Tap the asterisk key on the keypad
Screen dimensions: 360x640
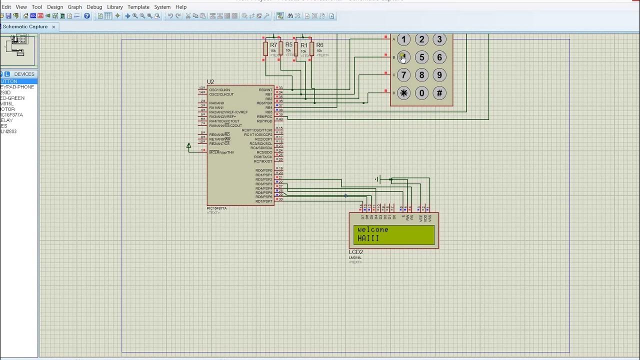(403, 93)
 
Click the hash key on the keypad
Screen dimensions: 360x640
(439, 93)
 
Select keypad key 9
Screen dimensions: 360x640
(439, 75)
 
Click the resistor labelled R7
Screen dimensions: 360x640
(266, 49)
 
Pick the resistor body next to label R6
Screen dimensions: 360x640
(311, 49)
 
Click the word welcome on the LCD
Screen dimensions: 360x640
(373, 230)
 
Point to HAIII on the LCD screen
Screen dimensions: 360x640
(368, 238)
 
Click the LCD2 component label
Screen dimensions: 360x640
(356, 252)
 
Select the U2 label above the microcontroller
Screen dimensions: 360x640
(210, 82)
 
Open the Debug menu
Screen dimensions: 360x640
(94, 7)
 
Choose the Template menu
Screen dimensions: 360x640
(138, 7)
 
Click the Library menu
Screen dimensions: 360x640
(115, 7)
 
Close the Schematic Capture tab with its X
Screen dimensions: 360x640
(53, 27)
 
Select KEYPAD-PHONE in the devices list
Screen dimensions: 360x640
(17, 87)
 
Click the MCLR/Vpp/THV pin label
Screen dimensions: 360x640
(221, 152)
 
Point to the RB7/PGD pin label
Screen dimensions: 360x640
(264, 121)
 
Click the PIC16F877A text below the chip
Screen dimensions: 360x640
(216, 208)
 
